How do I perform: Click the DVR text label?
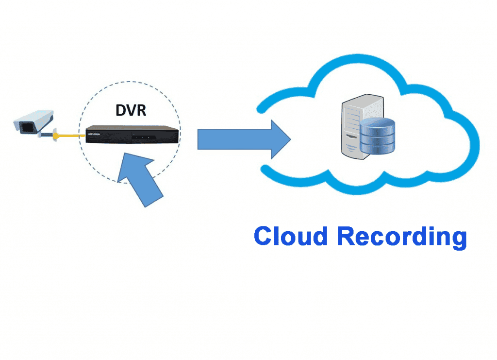(x=131, y=110)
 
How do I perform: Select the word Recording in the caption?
(x=402, y=238)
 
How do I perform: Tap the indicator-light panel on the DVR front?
(x=140, y=138)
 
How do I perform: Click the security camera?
(x=33, y=121)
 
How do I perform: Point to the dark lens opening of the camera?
(x=27, y=127)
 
